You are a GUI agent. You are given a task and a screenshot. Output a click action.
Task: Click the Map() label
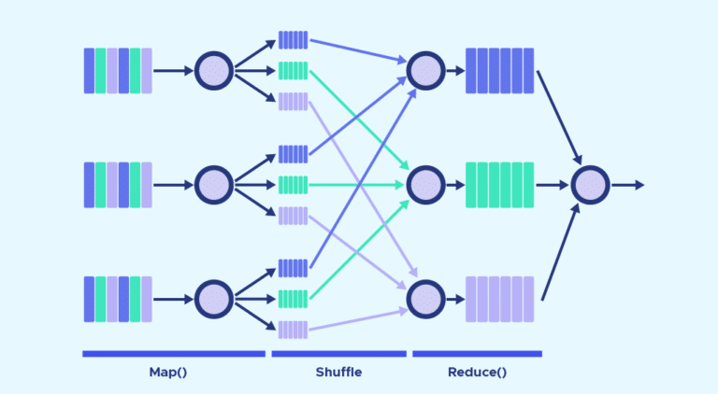pyautogui.click(x=168, y=373)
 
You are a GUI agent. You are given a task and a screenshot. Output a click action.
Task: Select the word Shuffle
pyautogui.click(x=338, y=373)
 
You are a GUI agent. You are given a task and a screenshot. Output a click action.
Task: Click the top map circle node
pyautogui.click(x=214, y=70)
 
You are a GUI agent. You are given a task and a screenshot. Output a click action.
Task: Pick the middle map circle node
pyautogui.click(x=214, y=185)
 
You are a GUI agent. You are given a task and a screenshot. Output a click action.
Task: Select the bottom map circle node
pyautogui.click(x=214, y=299)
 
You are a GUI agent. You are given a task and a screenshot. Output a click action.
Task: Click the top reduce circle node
pyautogui.click(x=425, y=70)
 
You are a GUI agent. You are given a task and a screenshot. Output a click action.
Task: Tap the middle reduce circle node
pyautogui.click(x=425, y=185)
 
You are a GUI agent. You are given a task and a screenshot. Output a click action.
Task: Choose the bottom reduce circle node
pyautogui.click(x=425, y=299)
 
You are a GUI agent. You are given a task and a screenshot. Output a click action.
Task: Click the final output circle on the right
pyautogui.click(x=590, y=185)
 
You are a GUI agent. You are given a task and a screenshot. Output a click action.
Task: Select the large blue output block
pyautogui.click(x=499, y=70)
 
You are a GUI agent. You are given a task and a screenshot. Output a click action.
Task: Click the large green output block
pyautogui.click(x=499, y=185)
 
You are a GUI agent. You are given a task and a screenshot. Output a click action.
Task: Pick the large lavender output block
pyautogui.click(x=499, y=299)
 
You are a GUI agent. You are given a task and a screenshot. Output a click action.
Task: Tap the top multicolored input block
pyautogui.click(x=118, y=70)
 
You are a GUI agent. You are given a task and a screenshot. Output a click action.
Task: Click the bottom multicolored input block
pyautogui.click(x=118, y=299)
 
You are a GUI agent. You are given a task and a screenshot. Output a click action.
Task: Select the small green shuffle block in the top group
pyautogui.click(x=293, y=70)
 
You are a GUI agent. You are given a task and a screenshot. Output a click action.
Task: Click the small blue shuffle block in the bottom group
pyautogui.click(x=293, y=268)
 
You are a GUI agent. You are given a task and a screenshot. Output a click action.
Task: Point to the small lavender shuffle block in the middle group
pyautogui.click(x=293, y=216)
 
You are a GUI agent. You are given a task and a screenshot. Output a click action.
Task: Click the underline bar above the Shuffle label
pyautogui.click(x=338, y=354)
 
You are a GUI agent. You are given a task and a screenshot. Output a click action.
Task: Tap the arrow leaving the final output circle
pyautogui.click(x=628, y=185)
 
